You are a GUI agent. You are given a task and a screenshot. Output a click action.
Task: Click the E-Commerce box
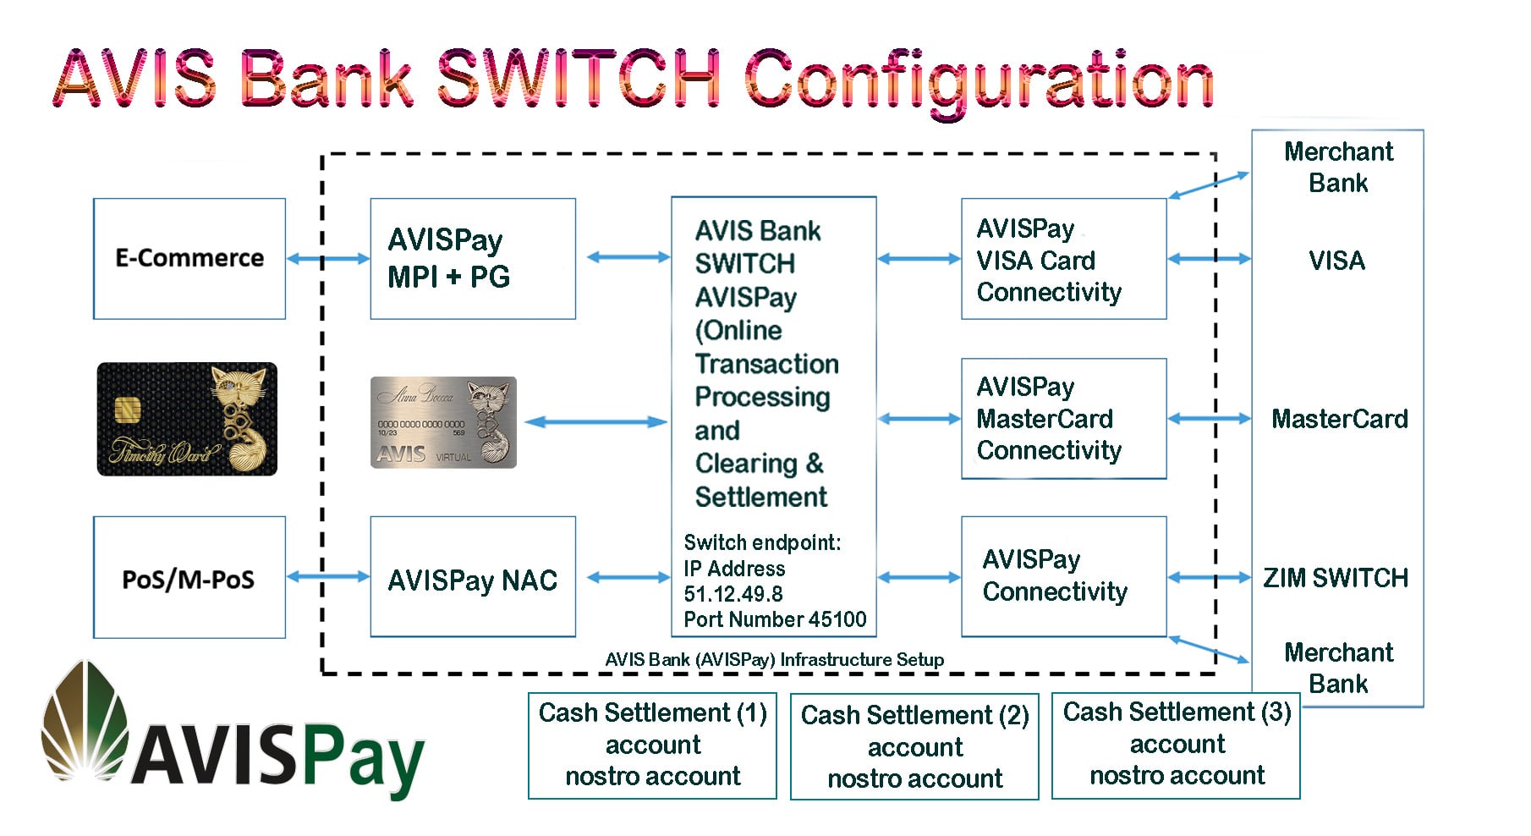click(x=189, y=258)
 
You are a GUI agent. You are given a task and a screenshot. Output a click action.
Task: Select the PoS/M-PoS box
click(x=189, y=578)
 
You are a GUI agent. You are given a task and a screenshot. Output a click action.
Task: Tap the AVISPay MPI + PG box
click(x=472, y=258)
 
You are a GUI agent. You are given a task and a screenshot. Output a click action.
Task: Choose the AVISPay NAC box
click(x=472, y=578)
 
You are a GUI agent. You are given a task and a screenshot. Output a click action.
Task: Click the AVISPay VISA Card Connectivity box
click(x=1063, y=259)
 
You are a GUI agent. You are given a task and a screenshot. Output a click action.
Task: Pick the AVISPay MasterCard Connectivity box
click(x=1063, y=418)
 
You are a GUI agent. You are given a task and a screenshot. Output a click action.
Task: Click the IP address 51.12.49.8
click(x=733, y=594)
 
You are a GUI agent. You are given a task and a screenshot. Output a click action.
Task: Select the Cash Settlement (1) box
click(x=652, y=745)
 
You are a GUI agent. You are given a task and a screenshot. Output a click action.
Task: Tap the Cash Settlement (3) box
click(x=1176, y=745)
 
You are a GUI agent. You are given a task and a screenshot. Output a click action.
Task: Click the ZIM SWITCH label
click(x=1336, y=578)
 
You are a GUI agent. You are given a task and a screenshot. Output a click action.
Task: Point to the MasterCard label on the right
click(x=1339, y=419)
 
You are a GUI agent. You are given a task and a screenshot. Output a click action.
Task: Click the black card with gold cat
click(x=187, y=419)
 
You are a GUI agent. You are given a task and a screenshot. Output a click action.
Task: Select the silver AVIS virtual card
click(x=443, y=422)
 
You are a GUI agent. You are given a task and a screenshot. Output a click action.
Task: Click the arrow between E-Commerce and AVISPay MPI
click(x=328, y=259)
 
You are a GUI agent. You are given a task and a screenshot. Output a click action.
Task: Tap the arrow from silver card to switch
click(x=595, y=421)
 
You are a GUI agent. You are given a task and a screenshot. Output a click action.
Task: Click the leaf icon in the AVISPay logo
click(x=85, y=719)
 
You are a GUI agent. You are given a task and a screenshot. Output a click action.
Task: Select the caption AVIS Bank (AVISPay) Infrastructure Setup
click(x=774, y=660)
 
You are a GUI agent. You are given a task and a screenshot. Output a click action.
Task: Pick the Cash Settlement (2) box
click(x=914, y=746)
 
